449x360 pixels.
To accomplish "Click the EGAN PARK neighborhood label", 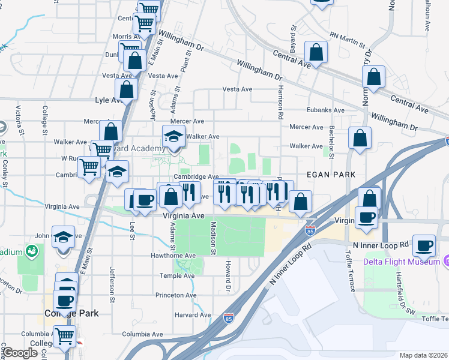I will coord(331,174).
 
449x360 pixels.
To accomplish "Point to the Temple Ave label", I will coord(177,276).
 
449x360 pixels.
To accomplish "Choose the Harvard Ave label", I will coord(193,315).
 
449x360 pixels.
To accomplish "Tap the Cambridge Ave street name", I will coord(196,177).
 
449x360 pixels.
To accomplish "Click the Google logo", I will coord(20,353).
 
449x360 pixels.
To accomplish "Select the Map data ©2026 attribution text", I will coord(423,355).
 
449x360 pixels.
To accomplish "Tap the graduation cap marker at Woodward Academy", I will coord(174,138).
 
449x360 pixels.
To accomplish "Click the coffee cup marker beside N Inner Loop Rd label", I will coord(424,245).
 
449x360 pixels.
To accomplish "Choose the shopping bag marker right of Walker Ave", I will coord(360,138).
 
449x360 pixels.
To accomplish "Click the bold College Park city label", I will coord(71,313).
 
